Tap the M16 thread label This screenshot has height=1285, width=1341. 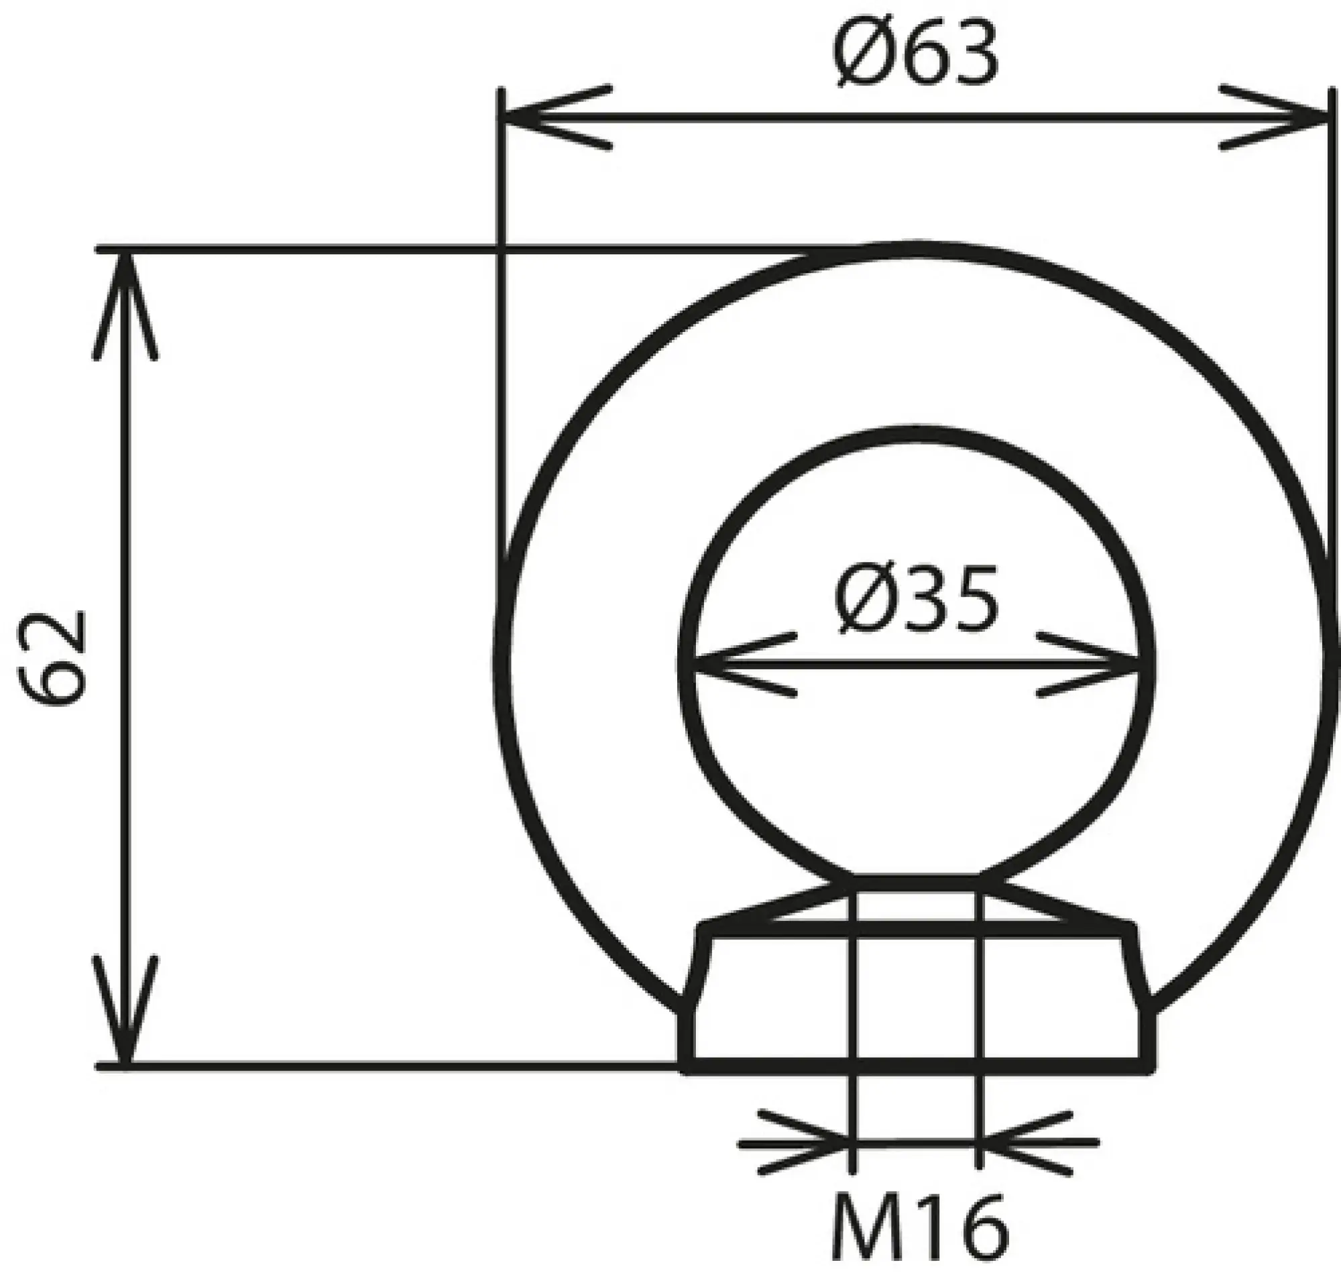919,1227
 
